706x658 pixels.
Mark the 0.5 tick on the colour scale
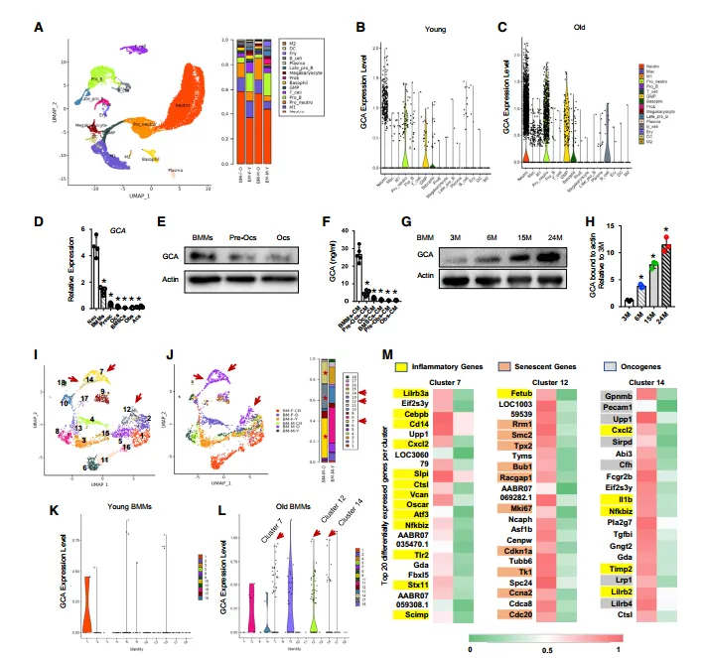pos(542,649)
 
